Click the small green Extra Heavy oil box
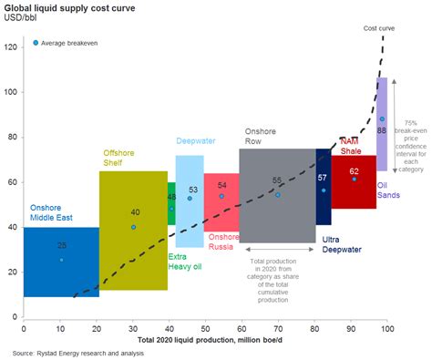(171, 204)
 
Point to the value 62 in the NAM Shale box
(354, 170)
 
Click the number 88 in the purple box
(381, 131)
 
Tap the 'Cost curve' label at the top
(379, 28)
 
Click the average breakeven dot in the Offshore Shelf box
(133, 227)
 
